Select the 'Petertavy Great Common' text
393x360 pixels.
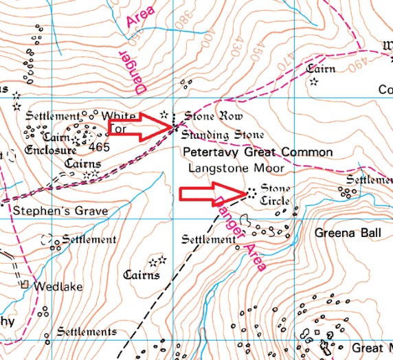click(x=257, y=152)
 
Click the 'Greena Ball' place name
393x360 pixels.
click(x=348, y=234)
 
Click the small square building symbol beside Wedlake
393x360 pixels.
click(x=25, y=284)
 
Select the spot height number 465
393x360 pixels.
click(x=99, y=147)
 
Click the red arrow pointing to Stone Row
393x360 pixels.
click(x=142, y=126)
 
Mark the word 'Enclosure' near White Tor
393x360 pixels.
click(x=49, y=150)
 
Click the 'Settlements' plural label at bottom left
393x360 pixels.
click(x=87, y=332)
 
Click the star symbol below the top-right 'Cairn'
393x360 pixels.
click(x=313, y=82)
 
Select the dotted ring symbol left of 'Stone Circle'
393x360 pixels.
click(x=250, y=193)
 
